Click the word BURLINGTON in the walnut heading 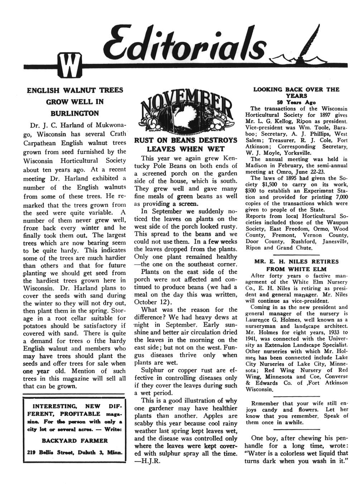click(75, 113)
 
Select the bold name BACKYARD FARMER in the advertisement click(75, 441)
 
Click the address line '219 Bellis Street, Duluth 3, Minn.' click(75, 452)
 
